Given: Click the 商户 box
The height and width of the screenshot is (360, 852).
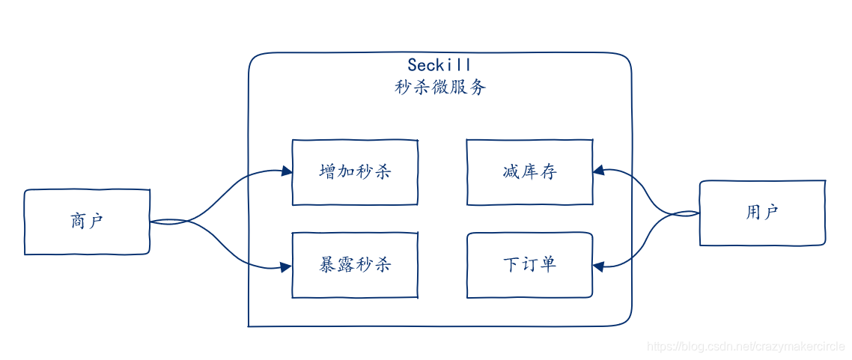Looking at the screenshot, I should tap(87, 222).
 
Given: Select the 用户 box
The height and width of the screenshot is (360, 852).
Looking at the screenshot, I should tap(762, 213).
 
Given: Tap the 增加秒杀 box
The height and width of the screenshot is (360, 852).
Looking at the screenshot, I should tap(355, 172).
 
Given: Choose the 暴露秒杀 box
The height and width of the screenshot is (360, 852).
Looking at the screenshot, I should tap(355, 265).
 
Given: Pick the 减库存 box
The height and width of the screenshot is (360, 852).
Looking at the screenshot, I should tap(529, 172).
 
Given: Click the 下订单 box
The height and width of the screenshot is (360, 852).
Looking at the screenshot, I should tap(529, 265).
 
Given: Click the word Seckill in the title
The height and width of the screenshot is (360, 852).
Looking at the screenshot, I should tap(439, 66).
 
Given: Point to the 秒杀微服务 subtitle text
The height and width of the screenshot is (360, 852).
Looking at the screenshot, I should tap(440, 88).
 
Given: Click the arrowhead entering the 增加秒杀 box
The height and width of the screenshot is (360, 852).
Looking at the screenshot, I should tap(287, 171).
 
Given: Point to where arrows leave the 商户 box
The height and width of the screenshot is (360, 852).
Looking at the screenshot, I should tap(151, 222).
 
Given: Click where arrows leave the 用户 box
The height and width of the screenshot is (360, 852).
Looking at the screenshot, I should tap(699, 213).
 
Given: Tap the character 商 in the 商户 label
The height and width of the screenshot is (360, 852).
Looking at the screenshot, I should tap(78, 222).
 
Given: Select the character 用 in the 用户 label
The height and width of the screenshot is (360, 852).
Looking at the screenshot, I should tap(753, 213).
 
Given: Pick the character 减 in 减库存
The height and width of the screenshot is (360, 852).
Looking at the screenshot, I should tap(511, 172).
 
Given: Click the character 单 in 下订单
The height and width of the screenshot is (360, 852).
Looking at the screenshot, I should tap(547, 265).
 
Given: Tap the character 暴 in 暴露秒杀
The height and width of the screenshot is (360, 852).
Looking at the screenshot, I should tap(328, 265).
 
